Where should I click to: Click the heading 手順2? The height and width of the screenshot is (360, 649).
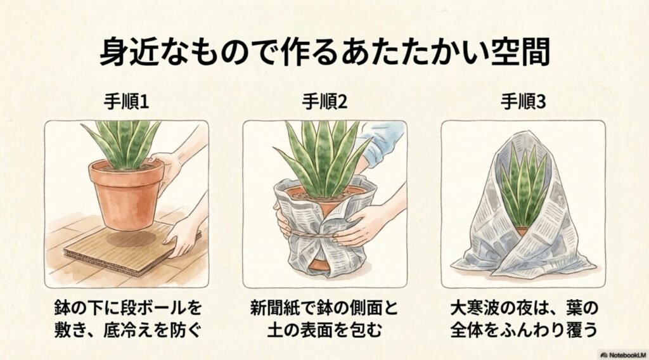[x=324, y=101]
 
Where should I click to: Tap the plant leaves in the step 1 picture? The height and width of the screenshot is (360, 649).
[x=120, y=143]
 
